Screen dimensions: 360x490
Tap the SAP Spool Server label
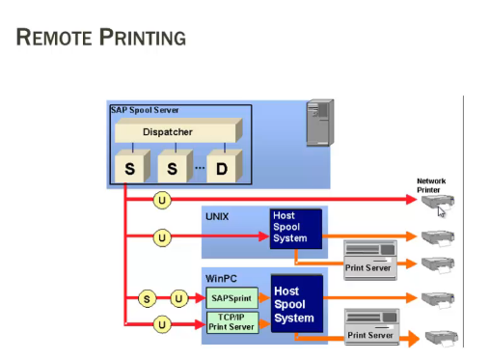(144, 110)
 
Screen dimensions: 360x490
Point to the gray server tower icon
(319, 123)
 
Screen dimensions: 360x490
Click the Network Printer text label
(431, 183)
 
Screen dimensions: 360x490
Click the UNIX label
(218, 217)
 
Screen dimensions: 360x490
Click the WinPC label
(221, 277)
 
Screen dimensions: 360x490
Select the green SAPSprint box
(231, 299)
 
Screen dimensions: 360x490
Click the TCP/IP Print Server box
(231, 322)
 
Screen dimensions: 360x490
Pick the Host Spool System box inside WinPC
(294, 304)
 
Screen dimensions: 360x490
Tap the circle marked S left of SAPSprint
(148, 299)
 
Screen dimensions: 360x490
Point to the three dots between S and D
(200, 168)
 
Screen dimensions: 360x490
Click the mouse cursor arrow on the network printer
(442, 210)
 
